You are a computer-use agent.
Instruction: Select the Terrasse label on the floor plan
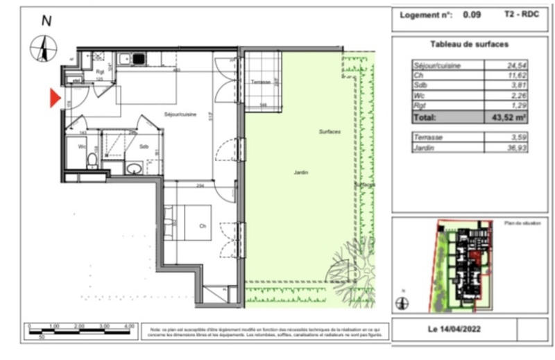[260, 82]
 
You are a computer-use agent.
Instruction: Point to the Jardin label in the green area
[300, 173]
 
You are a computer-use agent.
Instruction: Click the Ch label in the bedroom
[202, 225]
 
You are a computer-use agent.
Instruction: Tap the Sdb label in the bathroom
[144, 147]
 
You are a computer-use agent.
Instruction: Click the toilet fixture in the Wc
[92, 161]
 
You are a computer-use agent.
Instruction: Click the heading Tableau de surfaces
[469, 44]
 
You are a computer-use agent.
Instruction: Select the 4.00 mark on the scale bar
[128, 325]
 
